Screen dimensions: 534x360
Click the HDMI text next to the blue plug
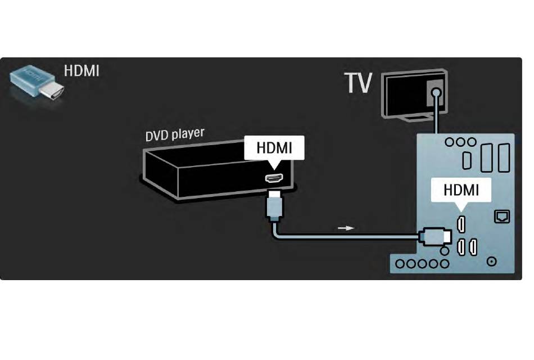(x=82, y=71)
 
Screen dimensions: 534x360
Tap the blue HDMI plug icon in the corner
(x=37, y=83)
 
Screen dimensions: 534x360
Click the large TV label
(x=358, y=83)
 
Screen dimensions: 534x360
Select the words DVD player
(x=175, y=134)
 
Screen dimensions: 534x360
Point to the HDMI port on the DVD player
(x=274, y=178)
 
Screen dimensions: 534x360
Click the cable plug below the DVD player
(x=274, y=206)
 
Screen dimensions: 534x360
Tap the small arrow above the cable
(x=346, y=228)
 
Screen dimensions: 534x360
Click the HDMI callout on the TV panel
(x=461, y=190)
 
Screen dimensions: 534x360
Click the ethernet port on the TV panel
(x=502, y=217)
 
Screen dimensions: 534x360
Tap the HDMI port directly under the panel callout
(x=461, y=224)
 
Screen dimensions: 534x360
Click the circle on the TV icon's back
(x=436, y=92)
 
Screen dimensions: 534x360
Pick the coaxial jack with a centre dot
(x=491, y=262)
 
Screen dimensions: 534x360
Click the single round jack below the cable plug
(x=444, y=251)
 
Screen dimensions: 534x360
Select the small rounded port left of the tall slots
(x=467, y=160)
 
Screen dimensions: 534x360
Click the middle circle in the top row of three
(x=460, y=142)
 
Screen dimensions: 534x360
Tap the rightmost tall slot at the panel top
(x=504, y=157)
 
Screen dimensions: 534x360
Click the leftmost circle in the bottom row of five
(x=400, y=263)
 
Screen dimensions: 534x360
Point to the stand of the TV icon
(x=418, y=118)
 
